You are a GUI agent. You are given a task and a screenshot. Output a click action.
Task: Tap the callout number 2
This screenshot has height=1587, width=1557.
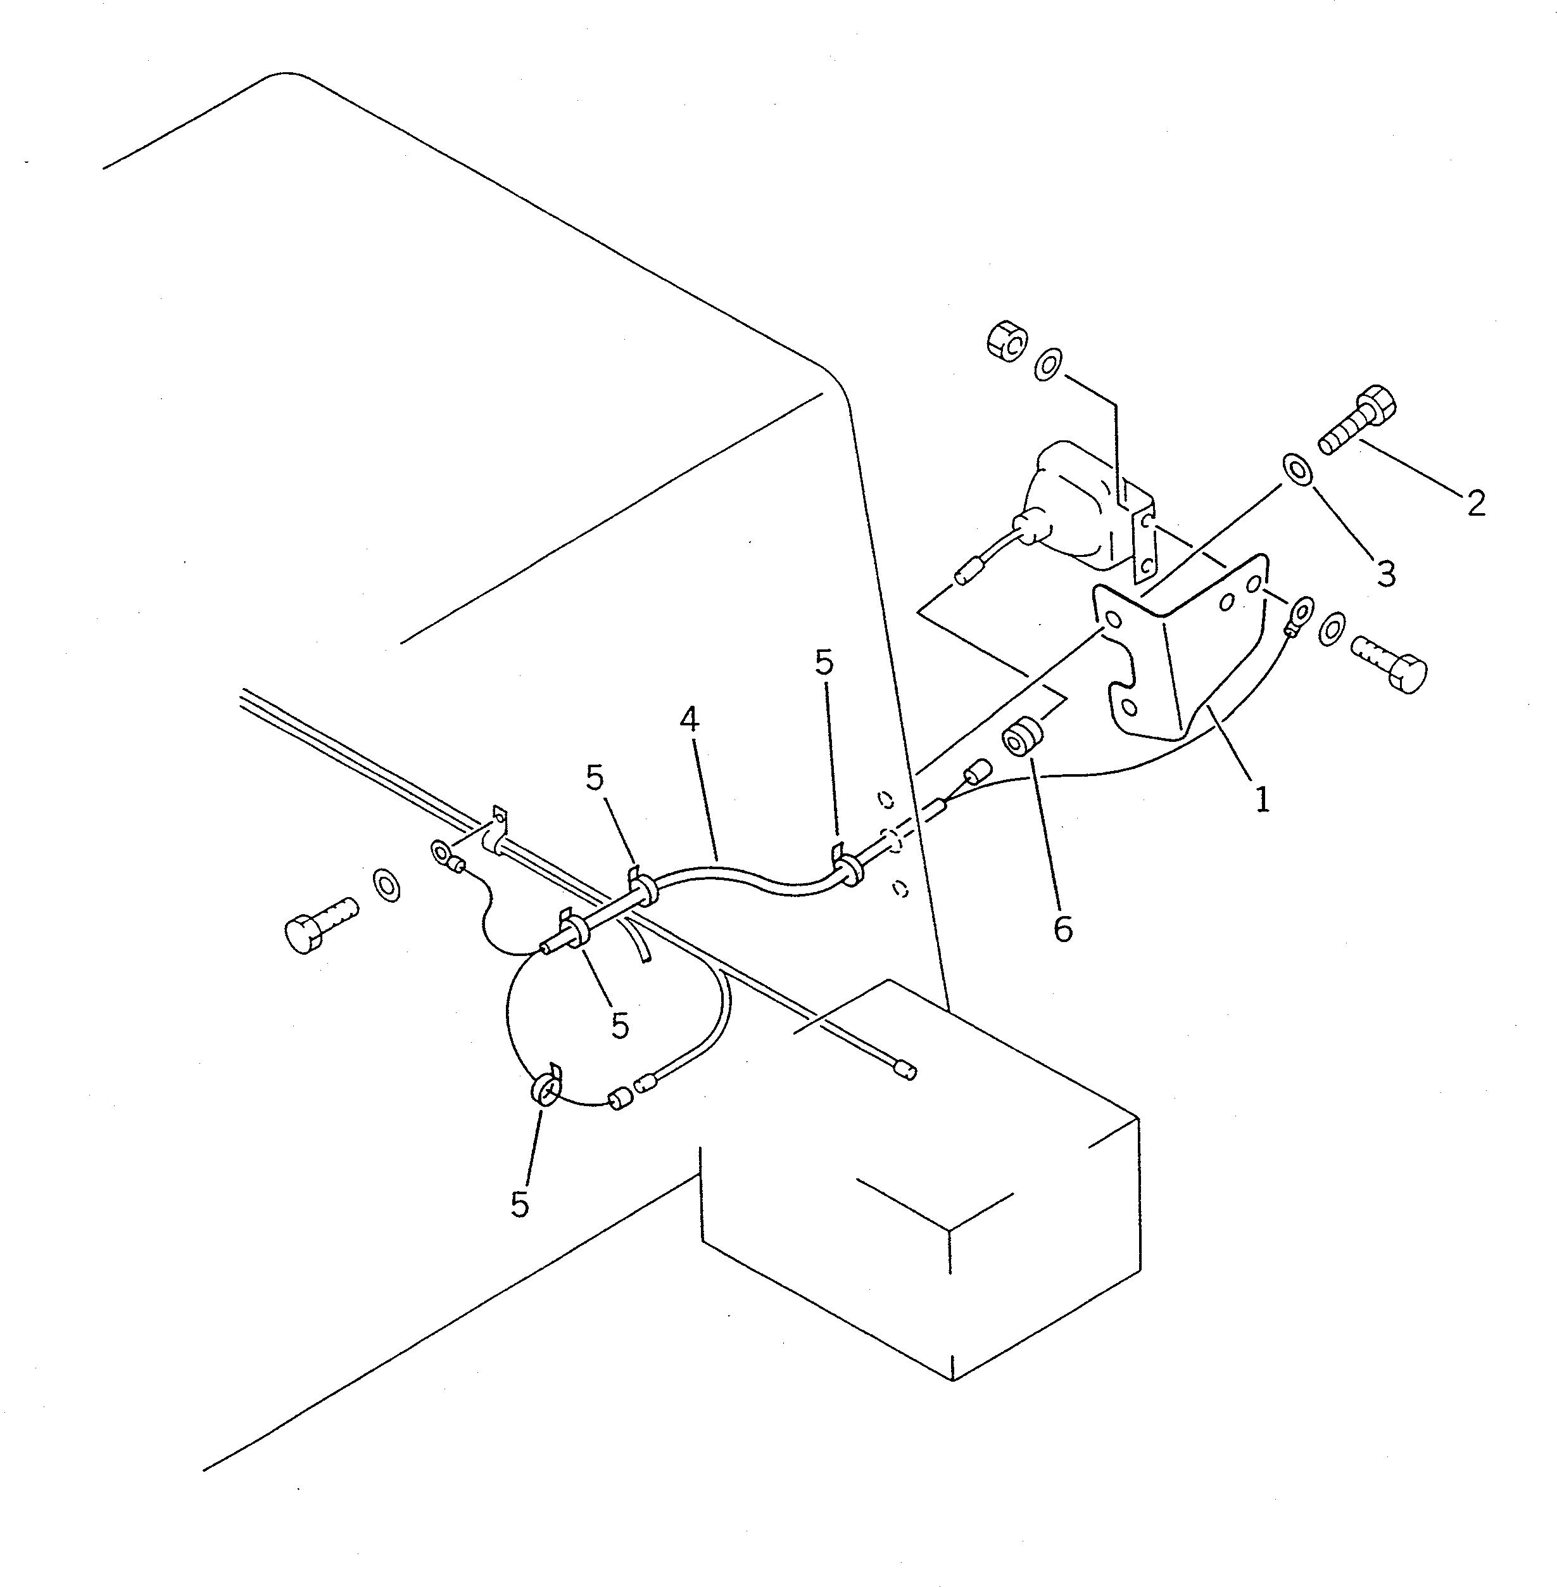[x=1476, y=503]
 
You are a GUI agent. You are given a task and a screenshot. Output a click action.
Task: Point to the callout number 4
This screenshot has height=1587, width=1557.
[x=690, y=720]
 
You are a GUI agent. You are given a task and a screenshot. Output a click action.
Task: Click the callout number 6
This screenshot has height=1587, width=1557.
[x=1062, y=929]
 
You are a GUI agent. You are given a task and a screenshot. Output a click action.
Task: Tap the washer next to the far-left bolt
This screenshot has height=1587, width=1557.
[x=387, y=885]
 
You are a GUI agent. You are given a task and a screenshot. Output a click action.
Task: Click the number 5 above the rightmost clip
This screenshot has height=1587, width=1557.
[x=824, y=663]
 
